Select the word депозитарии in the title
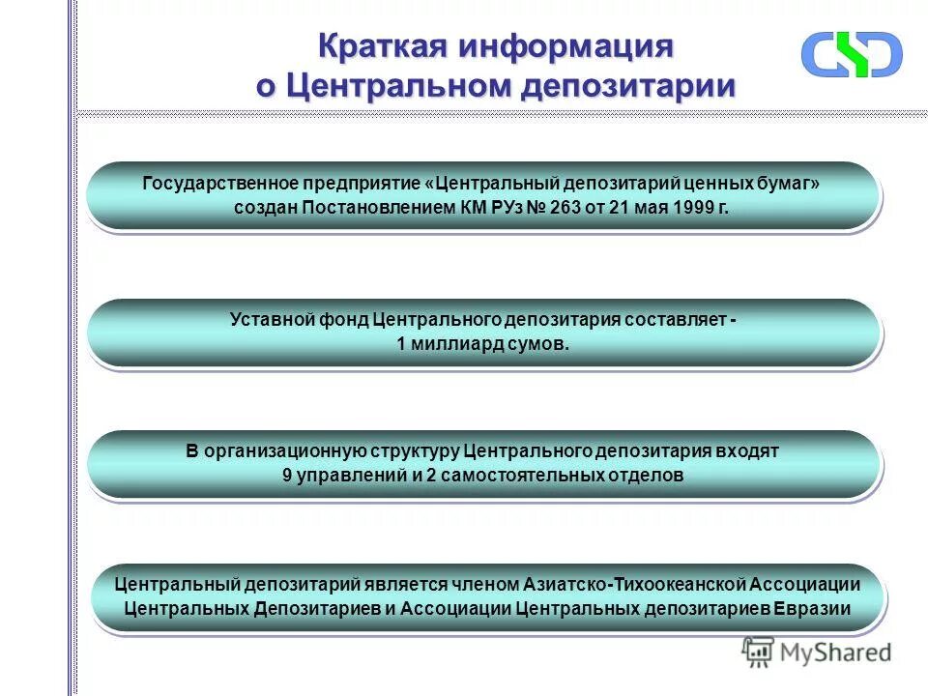(629, 86)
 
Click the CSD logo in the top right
(851, 54)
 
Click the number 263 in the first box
(565, 208)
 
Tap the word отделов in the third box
(647, 476)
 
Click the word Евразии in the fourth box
(814, 609)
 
